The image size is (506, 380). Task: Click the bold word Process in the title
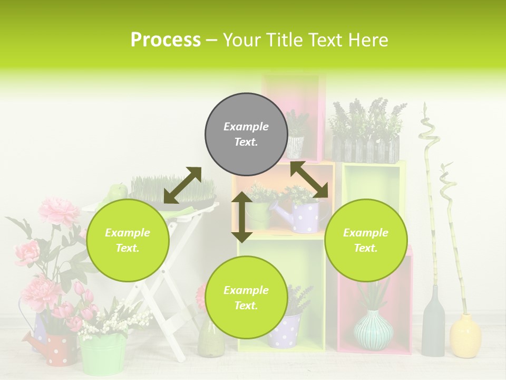[x=166, y=40]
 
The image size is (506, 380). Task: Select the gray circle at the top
[x=246, y=134]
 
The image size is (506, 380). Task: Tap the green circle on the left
[x=128, y=240]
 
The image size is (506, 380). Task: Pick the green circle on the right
[x=366, y=240]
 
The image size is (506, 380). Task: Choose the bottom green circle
[x=246, y=298]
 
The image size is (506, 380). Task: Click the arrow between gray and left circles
[x=182, y=185]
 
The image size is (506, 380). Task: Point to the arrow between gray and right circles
[x=309, y=179]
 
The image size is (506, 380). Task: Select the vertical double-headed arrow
[x=242, y=217]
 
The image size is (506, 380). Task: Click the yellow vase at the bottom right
[x=465, y=336]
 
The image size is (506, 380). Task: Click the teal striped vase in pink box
[x=373, y=330]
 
